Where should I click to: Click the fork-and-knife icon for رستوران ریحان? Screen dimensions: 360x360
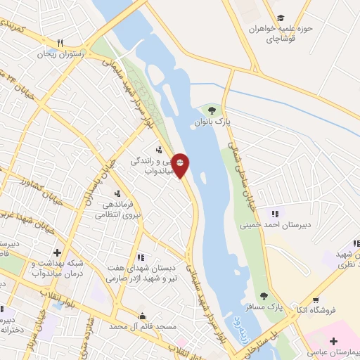[60, 43]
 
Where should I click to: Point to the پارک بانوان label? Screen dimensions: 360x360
[213, 122]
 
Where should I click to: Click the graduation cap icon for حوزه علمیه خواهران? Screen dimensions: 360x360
[281, 18]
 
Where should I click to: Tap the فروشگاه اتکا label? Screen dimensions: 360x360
[335, 309]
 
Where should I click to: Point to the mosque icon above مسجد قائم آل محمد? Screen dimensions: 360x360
[143, 316]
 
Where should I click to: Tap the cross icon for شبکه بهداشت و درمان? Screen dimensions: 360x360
[56, 252]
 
